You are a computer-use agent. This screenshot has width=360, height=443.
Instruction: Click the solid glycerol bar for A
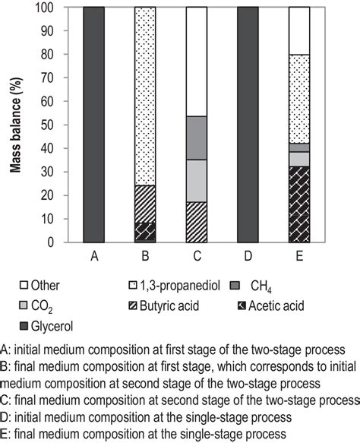pos(93,125)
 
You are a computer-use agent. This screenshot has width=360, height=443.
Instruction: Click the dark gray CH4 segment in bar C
pos(197,138)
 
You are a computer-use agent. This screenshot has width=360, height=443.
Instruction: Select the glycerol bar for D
pos(248,125)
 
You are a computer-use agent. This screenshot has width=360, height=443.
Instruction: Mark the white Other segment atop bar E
pos(299,31)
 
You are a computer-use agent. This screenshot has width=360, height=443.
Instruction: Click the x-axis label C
pos(197,257)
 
